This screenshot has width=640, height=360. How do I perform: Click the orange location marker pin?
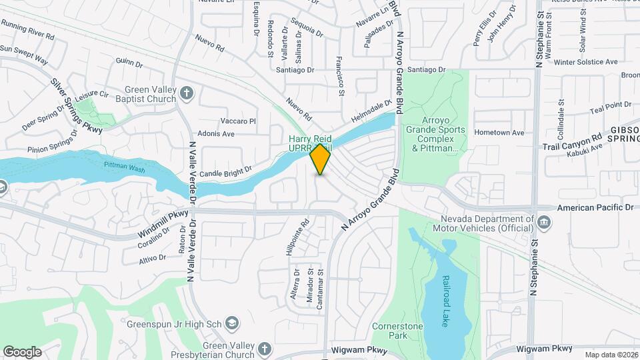[x=320, y=159]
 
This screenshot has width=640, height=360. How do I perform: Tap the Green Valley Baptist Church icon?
[x=187, y=93]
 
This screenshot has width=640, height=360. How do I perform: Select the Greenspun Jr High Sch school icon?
[x=232, y=323]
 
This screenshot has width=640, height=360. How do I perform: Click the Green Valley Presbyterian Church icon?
[x=265, y=349]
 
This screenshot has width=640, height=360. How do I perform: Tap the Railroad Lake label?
[x=445, y=301]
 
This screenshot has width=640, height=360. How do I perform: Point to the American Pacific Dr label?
[x=595, y=208]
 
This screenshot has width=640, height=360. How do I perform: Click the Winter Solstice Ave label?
[x=586, y=61]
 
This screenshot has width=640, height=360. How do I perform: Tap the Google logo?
[x=23, y=351]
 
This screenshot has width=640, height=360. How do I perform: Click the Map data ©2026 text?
[x=611, y=355]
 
